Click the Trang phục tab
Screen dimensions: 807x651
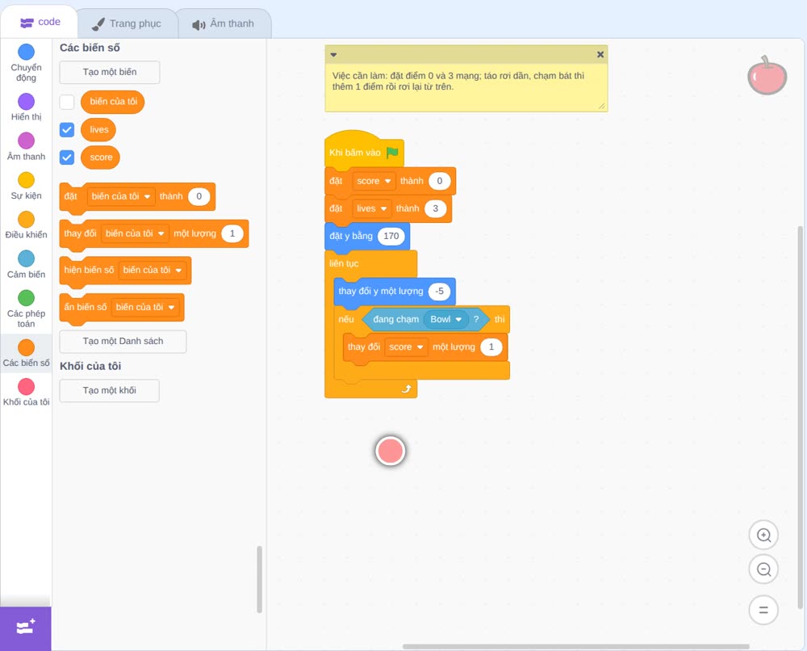click(128, 23)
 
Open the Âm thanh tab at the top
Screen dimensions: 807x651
click(224, 23)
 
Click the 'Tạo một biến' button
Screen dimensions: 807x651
click(110, 72)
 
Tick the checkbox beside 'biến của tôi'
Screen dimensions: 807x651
click(67, 102)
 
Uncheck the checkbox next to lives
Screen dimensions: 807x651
click(67, 130)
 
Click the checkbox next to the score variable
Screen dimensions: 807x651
click(67, 157)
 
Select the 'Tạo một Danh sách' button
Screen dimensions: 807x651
click(123, 341)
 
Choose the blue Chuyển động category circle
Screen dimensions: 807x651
click(27, 52)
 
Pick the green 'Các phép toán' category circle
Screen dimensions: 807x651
click(27, 298)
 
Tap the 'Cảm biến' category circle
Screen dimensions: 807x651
click(27, 258)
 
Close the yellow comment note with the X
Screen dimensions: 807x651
click(600, 55)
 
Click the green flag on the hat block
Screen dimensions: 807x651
click(392, 153)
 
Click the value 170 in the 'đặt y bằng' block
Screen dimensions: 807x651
click(391, 236)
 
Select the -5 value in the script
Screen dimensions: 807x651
click(439, 291)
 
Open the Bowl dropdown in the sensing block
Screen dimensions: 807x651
click(445, 319)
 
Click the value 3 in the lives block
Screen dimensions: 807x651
click(436, 208)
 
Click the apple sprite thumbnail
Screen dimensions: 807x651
click(767, 76)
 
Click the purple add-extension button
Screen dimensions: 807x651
click(26, 628)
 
